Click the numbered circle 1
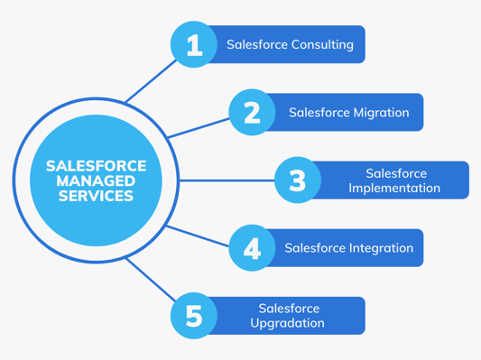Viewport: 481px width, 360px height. point(194,44)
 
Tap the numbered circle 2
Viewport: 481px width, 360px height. point(252,113)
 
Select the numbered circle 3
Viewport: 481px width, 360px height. point(297,180)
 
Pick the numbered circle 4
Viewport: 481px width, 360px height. point(252,248)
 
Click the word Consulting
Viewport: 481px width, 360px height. point(322,44)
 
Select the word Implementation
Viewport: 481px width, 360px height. point(394,189)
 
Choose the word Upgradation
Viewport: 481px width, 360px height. point(287,324)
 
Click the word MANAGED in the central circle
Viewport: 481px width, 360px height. point(96,180)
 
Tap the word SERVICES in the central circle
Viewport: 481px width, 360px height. point(96,196)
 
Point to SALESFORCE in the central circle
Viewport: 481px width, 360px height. point(96,165)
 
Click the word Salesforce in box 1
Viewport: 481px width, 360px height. point(257,44)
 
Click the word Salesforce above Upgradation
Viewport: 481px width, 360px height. point(288,309)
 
